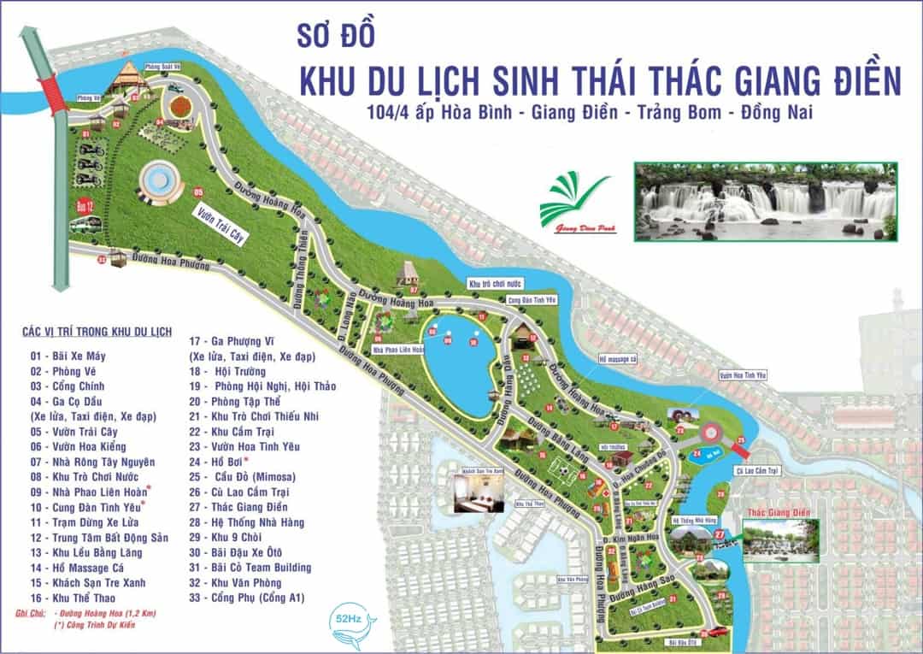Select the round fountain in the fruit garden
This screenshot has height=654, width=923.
pos(159,180)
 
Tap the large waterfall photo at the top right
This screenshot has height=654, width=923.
pos(766,202)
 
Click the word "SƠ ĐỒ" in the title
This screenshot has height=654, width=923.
pos(335,37)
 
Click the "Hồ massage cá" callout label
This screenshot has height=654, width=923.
pos(619,359)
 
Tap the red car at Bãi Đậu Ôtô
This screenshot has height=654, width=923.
pos(717,632)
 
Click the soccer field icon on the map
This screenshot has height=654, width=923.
pos(557,468)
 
